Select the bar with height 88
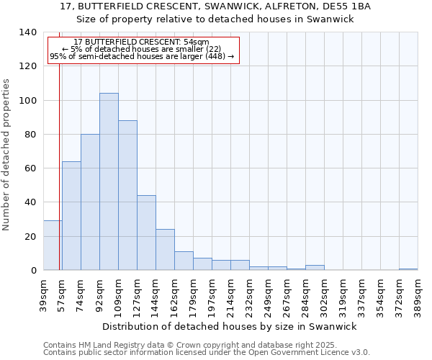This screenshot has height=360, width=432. click(x=127, y=195)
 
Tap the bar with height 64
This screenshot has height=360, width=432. click(x=71, y=215)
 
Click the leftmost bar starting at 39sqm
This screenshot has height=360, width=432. click(x=52, y=246)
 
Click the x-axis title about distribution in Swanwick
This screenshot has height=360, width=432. click(x=230, y=326)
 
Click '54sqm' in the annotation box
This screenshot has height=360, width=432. click(x=195, y=42)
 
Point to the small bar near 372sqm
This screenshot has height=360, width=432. click(x=408, y=269)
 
